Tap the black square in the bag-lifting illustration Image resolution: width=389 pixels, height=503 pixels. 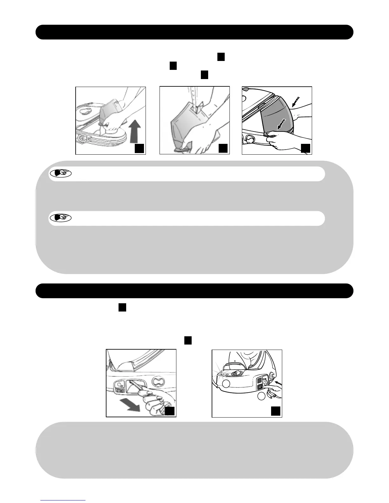[x=139, y=148]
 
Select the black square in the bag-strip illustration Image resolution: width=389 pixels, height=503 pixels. [x=223, y=148]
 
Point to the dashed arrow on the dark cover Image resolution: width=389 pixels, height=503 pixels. [x=281, y=124]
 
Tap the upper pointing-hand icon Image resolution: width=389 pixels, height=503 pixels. [x=61, y=174]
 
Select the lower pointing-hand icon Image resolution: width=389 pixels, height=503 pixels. [x=61, y=218]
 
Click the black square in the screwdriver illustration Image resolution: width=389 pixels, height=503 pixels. [x=170, y=411]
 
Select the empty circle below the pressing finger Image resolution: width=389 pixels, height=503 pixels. [x=261, y=397]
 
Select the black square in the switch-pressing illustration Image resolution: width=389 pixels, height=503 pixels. [x=276, y=411]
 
